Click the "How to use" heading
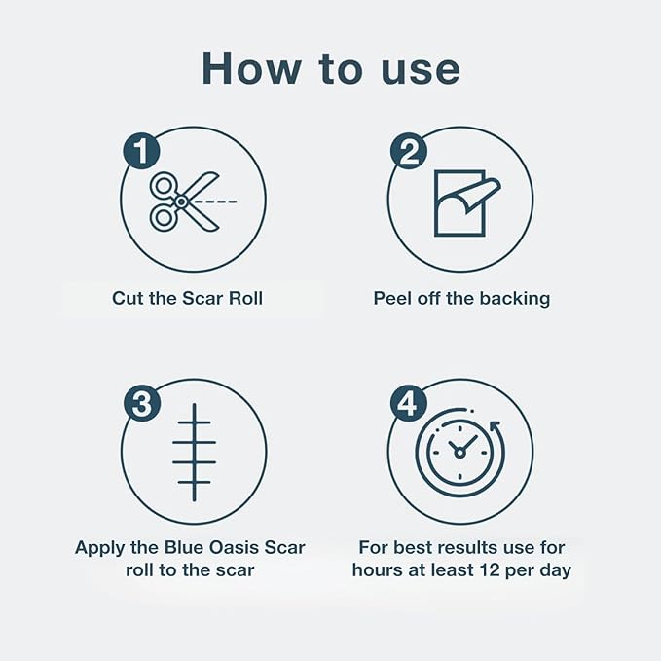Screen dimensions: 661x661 point(331,68)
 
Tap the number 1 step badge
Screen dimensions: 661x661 point(141,151)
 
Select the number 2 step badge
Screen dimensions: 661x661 point(409,151)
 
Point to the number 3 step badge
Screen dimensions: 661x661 point(142,403)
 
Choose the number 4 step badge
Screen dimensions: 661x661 point(409,403)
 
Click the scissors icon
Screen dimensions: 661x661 point(185,202)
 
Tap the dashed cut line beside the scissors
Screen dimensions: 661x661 point(216,202)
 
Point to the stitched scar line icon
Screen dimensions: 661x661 point(194,453)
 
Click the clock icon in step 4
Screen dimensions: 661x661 point(459,453)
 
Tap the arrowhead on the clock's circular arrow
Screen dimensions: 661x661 point(496,424)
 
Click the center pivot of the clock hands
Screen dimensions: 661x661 point(459,454)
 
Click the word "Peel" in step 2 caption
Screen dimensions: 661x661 point(392,298)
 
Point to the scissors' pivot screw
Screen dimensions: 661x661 point(181,202)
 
